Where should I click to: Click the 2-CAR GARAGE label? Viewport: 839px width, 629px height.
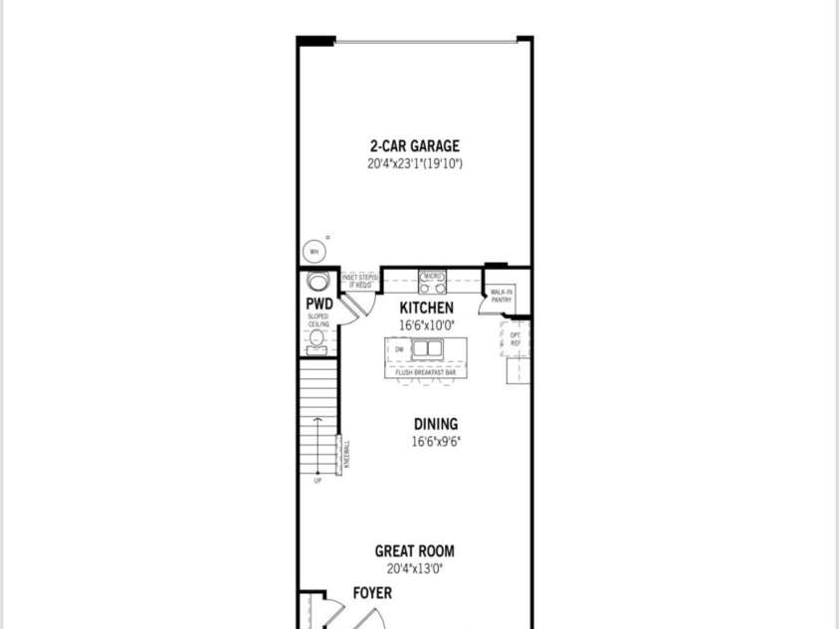pos(414,146)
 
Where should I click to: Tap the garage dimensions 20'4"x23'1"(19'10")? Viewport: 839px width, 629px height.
pos(414,163)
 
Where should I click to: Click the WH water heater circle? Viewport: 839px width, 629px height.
pos(313,251)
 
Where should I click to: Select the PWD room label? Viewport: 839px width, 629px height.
pos(317,302)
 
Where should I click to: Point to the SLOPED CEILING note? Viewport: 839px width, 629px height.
pos(317,320)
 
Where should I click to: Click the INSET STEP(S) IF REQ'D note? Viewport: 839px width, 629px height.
pos(357,282)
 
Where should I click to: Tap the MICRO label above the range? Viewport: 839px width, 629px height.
pos(432,275)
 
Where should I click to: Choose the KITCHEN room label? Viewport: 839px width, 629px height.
pos(426,309)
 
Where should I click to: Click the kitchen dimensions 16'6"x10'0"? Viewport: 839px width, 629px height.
pos(426,325)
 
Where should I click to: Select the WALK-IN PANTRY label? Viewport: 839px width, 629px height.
pos(501,296)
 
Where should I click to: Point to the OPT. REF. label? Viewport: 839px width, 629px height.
pos(516,339)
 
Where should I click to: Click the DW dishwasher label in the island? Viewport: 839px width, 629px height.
pos(399,349)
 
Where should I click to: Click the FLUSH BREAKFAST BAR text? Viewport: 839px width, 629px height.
pos(425,372)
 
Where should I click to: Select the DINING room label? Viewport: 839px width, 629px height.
pos(436,425)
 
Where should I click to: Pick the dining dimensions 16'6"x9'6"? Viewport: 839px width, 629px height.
pos(436,442)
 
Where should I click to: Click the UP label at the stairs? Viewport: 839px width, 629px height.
pos(317,481)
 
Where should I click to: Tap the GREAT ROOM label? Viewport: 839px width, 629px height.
pos(414,551)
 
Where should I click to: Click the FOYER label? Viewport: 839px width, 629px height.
pos(372,593)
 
